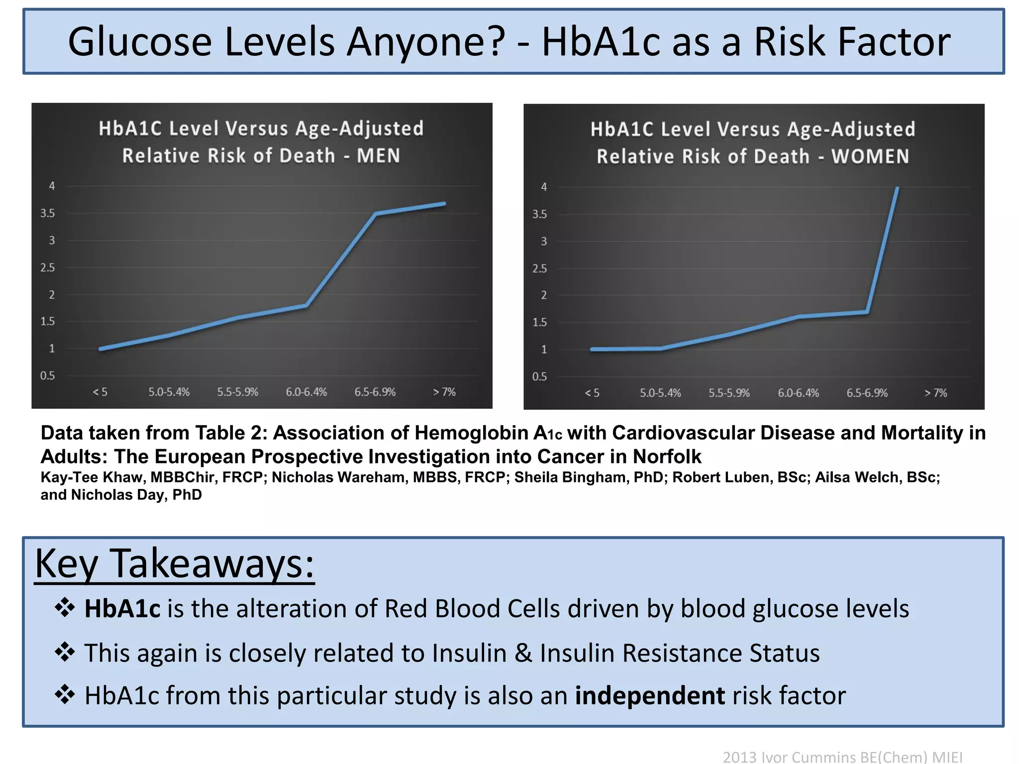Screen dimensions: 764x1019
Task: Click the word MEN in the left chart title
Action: (x=378, y=156)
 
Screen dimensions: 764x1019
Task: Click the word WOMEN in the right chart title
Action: (x=870, y=157)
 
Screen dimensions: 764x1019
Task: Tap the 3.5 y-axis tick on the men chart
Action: (x=48, y=213)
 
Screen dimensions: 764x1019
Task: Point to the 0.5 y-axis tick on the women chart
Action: (x=539, y=377)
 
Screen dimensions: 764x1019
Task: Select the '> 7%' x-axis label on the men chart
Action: (x=444, y=392)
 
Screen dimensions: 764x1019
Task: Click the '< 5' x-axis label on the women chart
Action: (x=592, y=393)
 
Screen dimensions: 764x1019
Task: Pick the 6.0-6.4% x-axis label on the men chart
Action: (x=306, y=392)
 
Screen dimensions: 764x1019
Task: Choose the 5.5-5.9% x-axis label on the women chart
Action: (x=729, y=393)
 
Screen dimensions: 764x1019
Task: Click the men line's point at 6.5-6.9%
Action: (x=376, y=214)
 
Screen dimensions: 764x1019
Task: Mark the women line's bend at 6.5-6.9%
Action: (x=867, y=312)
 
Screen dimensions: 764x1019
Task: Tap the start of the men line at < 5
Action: (x=101, y=349)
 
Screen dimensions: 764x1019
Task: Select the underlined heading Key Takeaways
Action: (x=174, y=564)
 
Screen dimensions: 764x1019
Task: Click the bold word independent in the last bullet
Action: (x=649, y=695)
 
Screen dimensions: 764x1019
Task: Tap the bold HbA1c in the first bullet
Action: (x=122, y=609)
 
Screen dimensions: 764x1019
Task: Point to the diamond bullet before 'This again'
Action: (x=65, y=652)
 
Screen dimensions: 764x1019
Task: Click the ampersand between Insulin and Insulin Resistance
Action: (x=523, y=653)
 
